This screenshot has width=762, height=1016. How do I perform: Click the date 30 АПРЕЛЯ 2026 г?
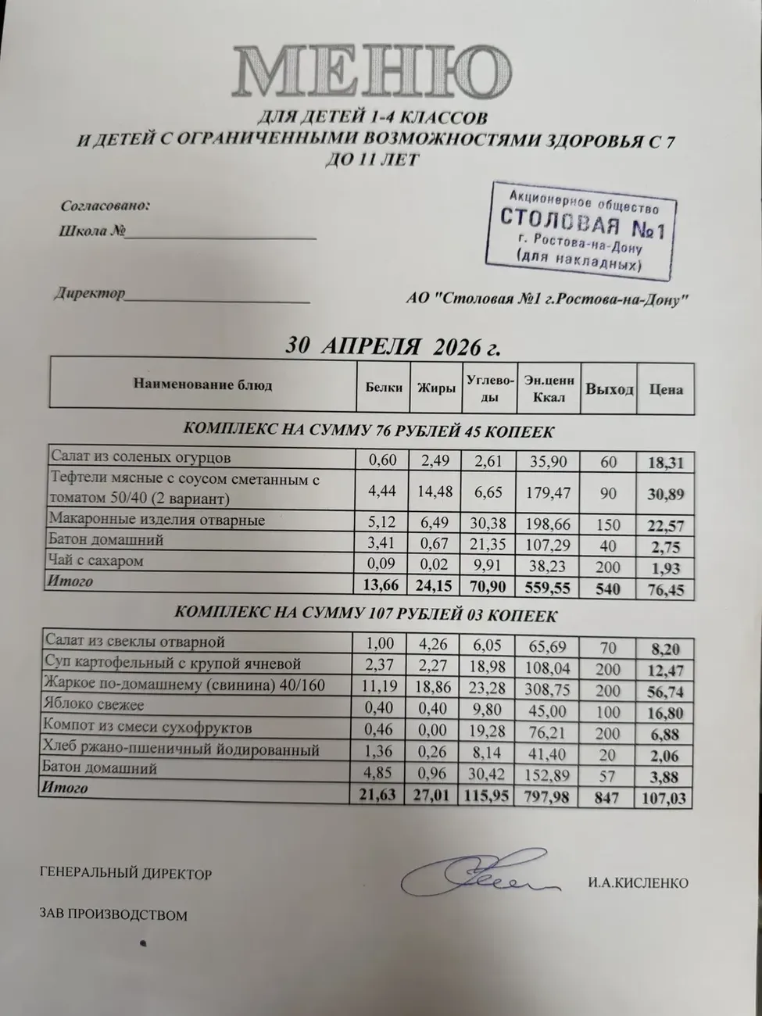[392, 345]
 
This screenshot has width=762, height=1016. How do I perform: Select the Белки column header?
[384, 387]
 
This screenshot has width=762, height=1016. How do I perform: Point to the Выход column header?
[610, 388]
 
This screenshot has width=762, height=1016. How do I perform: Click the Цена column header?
[665, 389]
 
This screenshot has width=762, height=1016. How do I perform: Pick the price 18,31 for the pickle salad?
[665, 463]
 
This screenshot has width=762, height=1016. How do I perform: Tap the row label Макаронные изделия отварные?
[157, 520]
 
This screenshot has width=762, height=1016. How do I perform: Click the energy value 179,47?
[549, 493]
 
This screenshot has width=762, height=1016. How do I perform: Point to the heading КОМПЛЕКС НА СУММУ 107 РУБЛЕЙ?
[366, 615]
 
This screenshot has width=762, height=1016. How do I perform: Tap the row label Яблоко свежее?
[95, 705]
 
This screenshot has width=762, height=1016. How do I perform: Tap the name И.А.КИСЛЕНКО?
[638, 883]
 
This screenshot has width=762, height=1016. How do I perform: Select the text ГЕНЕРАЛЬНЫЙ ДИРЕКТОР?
[126, 874]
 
